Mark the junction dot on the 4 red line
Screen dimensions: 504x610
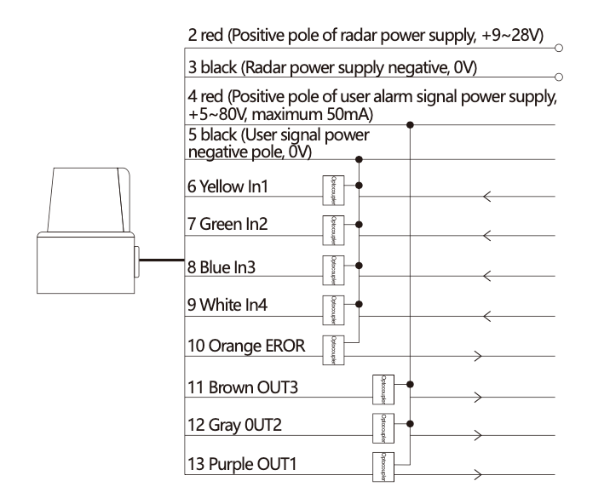tap(411, 125)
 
